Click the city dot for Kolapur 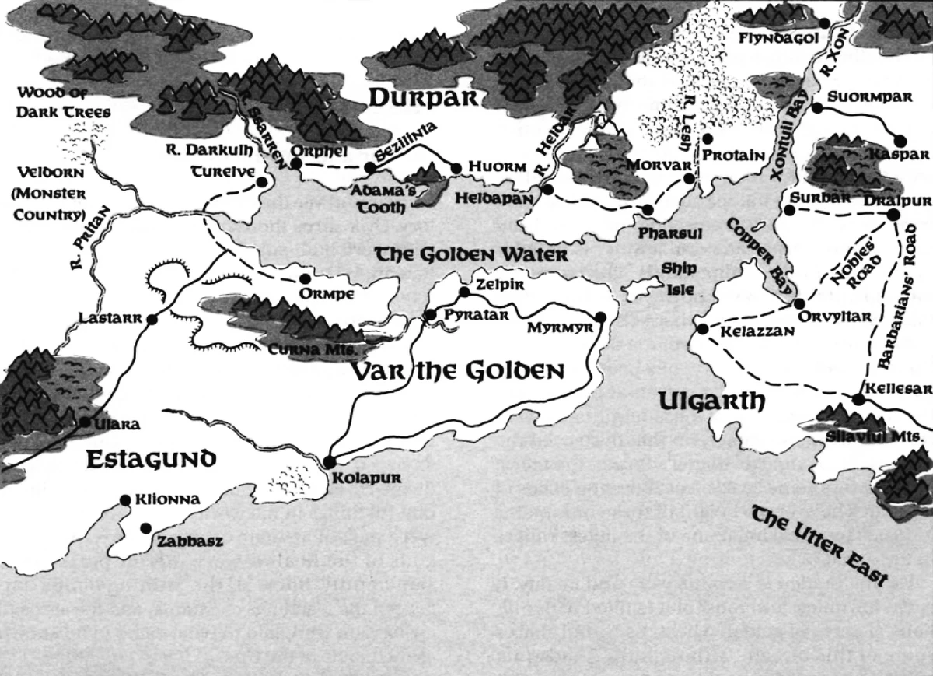(x=329, y=461)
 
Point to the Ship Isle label (x=677, y=278)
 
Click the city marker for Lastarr (x=152, y=319)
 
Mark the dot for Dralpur (x=893, y=214)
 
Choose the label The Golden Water (x=471, y=254)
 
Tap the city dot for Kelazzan (x=702, y=330)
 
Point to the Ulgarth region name (x=711, y=401)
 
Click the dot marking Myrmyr (x=600, y=317)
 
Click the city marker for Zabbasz (x=145, y=528)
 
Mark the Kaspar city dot (x=900, y=141)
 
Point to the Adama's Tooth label (x=377, y=198)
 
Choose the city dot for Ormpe (x=305, y=278)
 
